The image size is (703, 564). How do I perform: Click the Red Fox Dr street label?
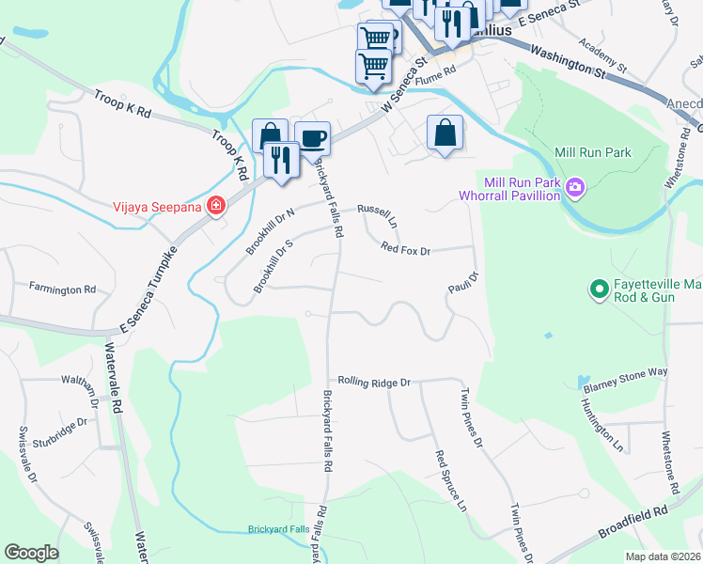(405, 250)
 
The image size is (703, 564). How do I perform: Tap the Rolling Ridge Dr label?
(375, 383)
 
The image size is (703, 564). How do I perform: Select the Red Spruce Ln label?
(450, 479)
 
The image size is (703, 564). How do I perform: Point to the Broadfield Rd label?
(634, 524)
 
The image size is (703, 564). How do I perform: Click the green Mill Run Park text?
(593, 152)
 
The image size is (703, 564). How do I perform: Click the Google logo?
(31, 553)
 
